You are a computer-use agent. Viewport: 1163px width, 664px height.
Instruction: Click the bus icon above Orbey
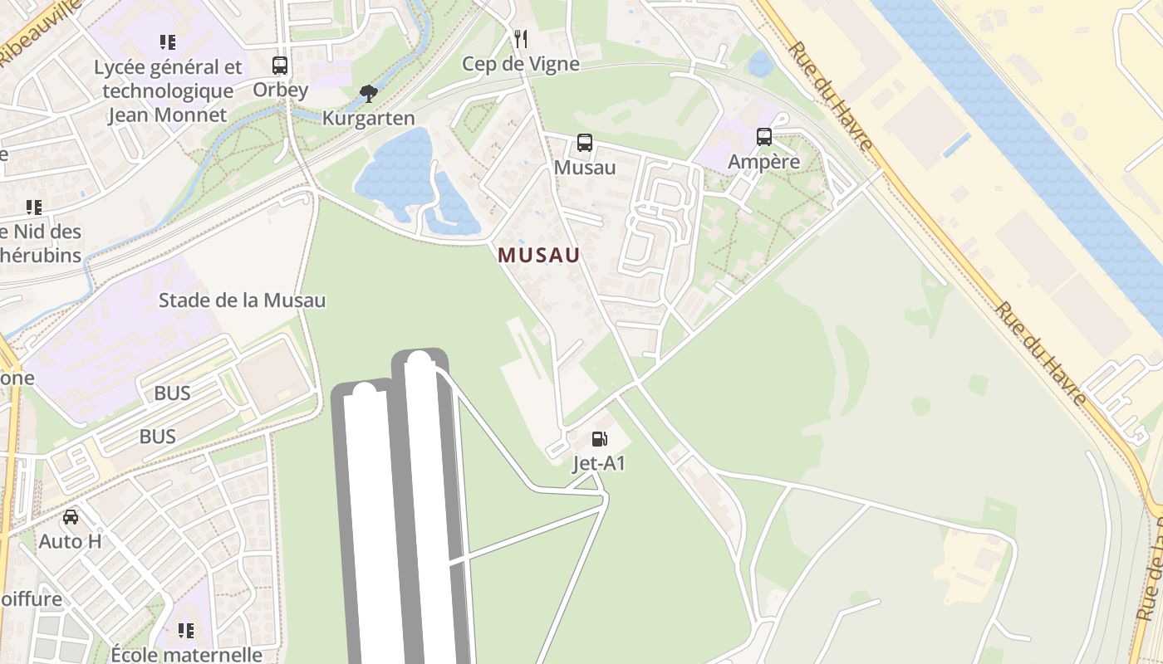[x=280, y=65]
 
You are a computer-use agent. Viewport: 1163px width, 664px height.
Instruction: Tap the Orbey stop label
[x=280, y=90]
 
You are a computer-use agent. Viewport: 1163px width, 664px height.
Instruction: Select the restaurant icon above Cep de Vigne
[x=521, y=38]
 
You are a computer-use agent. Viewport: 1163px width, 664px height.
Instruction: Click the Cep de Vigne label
[x=521, y=64]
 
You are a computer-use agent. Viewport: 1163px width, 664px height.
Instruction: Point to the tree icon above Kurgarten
[x=369, y=93]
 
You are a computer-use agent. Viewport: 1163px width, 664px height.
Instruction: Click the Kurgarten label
[x=369, y=118]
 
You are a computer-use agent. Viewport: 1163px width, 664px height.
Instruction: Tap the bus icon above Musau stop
[x=585, y=142]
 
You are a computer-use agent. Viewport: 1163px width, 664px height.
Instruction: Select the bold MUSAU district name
[x=539, y=256]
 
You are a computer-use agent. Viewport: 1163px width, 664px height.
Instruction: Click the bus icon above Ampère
[x=764, y=137]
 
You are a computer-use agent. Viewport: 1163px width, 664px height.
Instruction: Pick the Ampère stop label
[x=764, y=162]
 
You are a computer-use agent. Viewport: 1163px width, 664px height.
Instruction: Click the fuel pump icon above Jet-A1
[x=599, y=438]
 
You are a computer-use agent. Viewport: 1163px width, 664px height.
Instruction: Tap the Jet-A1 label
[x=599, y=463]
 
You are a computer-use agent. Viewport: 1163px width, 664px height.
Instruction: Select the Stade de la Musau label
[x=242, y=300]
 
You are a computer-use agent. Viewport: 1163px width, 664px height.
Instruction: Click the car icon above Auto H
[x=71, y=517]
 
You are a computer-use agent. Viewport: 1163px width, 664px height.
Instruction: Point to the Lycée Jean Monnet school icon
[x=168, y=41]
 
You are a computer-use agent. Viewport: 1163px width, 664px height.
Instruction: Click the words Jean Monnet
[x=168, y=115]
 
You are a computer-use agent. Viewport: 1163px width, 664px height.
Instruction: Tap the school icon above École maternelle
[x=186, y=631]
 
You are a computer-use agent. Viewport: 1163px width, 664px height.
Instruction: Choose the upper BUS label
[x=172, y=393]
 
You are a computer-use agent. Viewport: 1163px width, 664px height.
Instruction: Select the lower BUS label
[x=157, y=436]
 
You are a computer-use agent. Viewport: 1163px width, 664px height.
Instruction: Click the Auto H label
[x=71, y=542]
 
